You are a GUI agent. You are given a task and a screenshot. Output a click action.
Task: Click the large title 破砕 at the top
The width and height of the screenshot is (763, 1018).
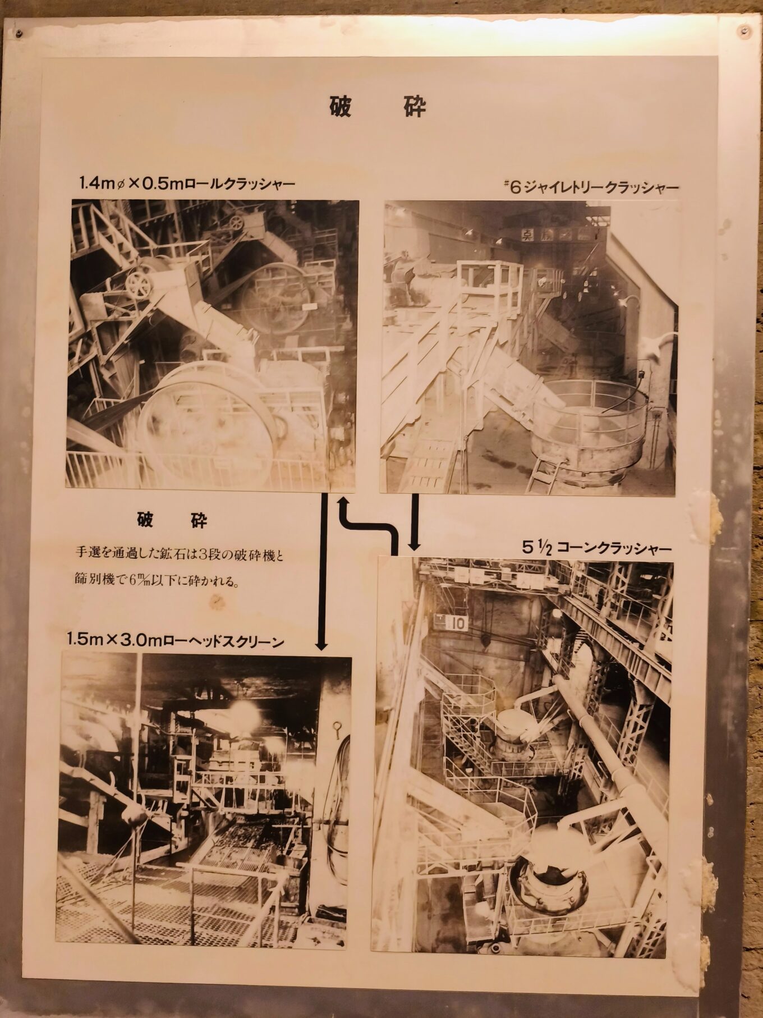pos(377,107)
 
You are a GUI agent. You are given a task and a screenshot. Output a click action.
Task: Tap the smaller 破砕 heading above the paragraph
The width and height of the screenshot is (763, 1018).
pos(172,521)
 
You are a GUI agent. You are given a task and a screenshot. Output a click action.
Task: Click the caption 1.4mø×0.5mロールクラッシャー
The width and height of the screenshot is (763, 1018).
pos(187,184)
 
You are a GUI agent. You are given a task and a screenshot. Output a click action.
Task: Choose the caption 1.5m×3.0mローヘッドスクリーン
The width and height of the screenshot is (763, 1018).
pos(175,641)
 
